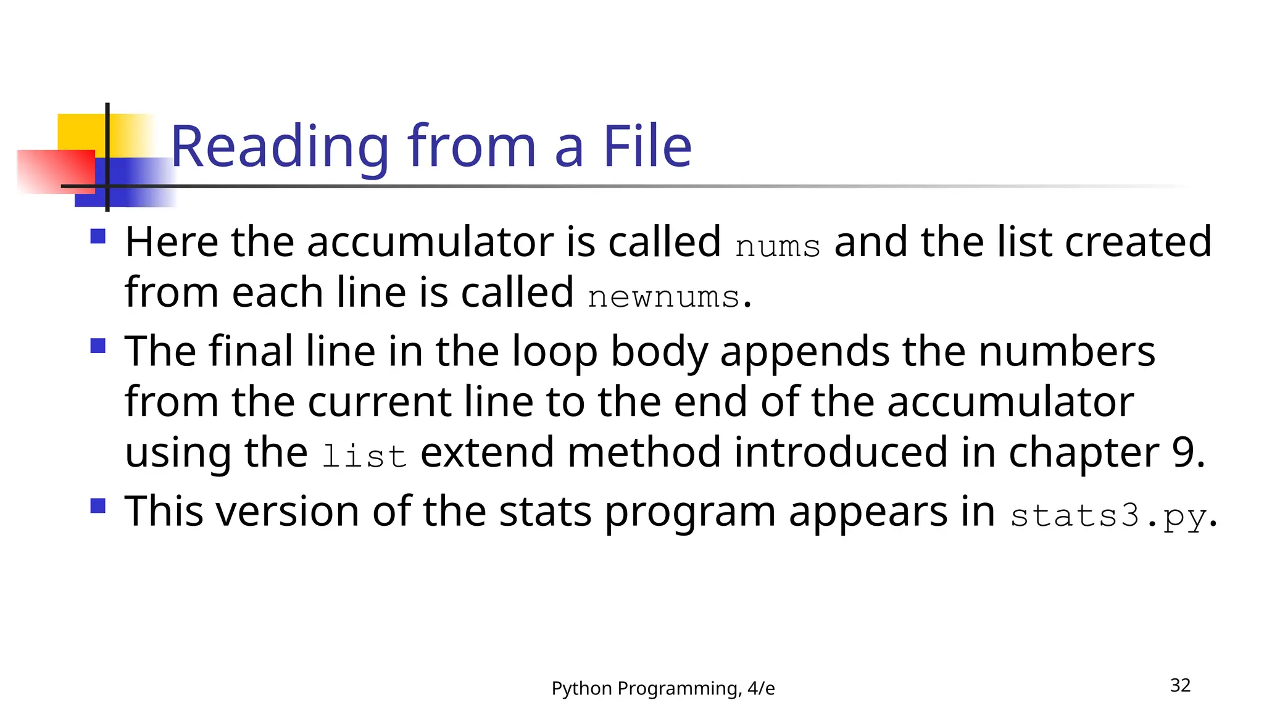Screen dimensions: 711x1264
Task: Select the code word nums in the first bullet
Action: click(x=778, y=246)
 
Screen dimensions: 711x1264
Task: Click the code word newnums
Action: click(x=663, y=297)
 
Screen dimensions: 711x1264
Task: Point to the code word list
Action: click(x=364, y=457)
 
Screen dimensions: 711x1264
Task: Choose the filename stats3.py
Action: click(x=1108, y=516)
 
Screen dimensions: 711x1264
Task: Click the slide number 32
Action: click(x=1180, y=685)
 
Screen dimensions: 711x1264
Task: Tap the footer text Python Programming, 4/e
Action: click(x=663, y=688)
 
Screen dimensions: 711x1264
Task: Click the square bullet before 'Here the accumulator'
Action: click(x=98, y=237)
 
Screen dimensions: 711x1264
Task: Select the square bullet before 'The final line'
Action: click(x=98, y=346)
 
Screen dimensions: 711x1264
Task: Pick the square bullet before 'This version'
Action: click(x=98, y=506)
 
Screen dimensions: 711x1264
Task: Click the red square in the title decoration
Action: click(x=56, y=172)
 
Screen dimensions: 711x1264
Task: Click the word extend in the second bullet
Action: click(x=487, y=452)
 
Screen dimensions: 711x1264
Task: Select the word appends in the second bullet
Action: click(x=805, y=352)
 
